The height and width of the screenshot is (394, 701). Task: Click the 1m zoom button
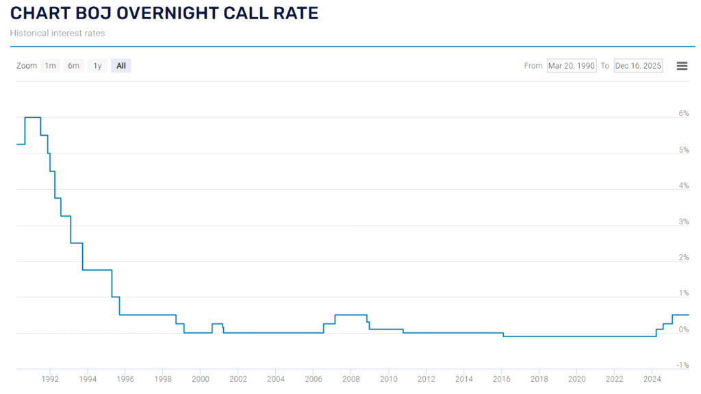click(50, 66)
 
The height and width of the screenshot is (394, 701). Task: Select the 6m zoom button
click(73, 66)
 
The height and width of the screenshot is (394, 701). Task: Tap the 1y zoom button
click(97, 66)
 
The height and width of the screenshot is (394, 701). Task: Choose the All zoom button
click(121, 66)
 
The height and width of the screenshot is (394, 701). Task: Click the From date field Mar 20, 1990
click(572, 66)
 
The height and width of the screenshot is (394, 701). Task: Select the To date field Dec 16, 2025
click(638, 66)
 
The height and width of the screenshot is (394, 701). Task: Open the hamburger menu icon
click(682, 66)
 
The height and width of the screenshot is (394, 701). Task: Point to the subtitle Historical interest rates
click(58, 32)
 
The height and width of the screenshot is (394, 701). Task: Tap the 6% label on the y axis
click(683, 113)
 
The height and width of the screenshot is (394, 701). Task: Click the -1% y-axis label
click(682, 365)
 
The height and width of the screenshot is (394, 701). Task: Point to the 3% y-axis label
click(683, 221)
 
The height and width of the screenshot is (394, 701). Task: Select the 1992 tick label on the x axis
click(50, 379)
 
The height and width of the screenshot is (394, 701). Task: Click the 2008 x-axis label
click(351, 379)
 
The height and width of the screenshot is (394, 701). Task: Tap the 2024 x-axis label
click(652, 379)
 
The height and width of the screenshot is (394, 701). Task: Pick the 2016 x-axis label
click(502, 379)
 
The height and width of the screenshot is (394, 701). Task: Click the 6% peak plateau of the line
click(32, 117)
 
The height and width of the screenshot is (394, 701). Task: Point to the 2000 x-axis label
click(201, 379)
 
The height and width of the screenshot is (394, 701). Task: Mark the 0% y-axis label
click(683, 330)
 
